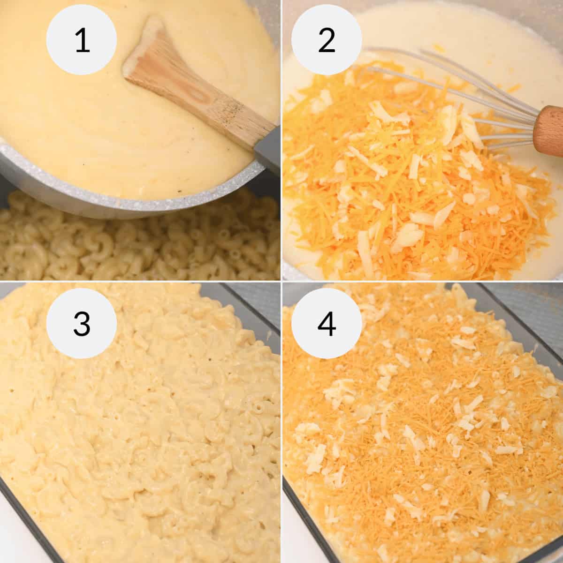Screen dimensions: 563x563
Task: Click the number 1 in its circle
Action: (x=81, y=40)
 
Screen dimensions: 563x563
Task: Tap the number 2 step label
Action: (x=327, y=40)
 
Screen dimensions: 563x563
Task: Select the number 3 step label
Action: (x=81, y=324)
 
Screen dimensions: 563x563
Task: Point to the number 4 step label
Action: (x=327, y=324)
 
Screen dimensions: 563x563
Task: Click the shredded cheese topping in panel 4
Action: (x=422, y=422)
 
